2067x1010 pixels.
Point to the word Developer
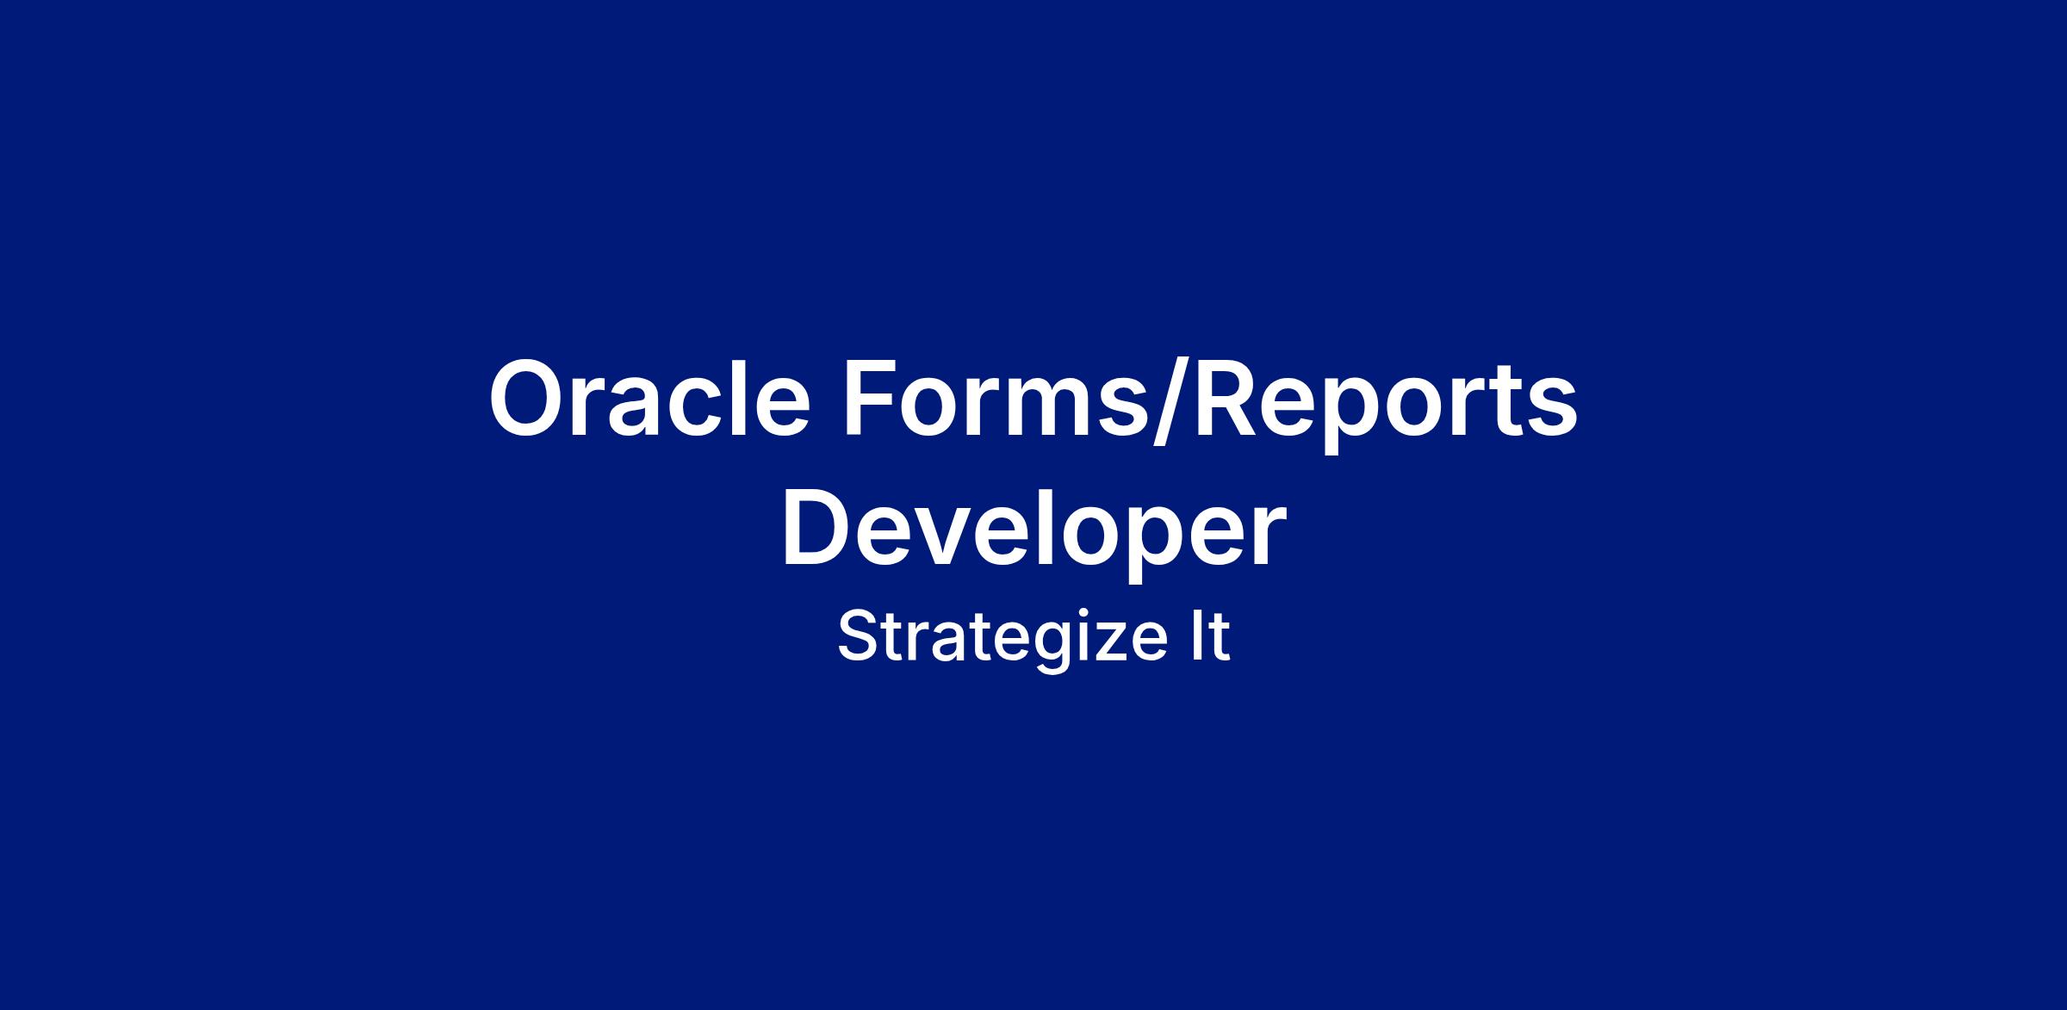pyautogui.click(x=1033, y=533)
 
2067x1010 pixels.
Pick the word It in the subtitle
pyautogui.click(x=1210, y=636)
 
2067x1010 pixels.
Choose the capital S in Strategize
pyautogui.click(x=859, y=636)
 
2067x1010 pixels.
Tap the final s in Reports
pyautogui.click(x=1552, y=411)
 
